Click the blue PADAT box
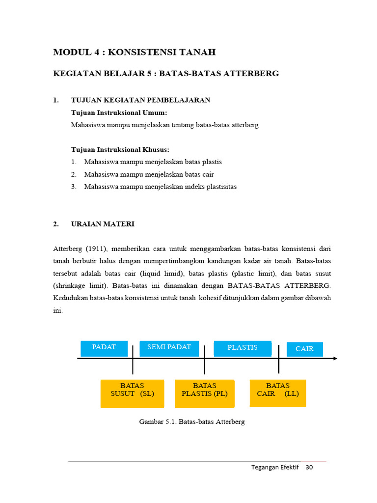104,348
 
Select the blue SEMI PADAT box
169,348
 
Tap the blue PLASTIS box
242,348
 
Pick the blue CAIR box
304,349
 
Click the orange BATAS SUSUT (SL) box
132,393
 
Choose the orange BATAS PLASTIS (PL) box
204,393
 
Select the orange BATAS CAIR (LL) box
278,392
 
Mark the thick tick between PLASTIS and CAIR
278,359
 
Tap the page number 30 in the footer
309,467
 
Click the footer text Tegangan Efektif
275,467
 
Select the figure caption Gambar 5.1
192,421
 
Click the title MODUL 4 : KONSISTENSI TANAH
134,52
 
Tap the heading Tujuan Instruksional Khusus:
120,149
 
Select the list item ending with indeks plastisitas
160,187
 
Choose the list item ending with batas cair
149,174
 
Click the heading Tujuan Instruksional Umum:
119,112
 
